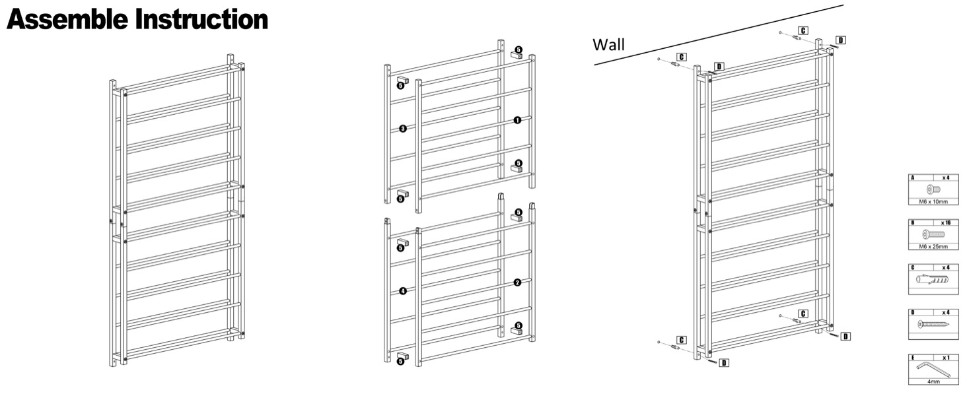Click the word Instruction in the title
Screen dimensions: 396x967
tap(202, 19)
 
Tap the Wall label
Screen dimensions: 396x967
tap(608, 45)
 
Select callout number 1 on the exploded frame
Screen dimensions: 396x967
tap(517, 120)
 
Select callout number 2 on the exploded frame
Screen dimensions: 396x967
tap(517, 282)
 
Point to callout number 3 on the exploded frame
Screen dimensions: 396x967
tap(402, 129)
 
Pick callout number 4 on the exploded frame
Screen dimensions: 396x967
tap(402, 291)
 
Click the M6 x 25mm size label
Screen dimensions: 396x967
tap(933, 246)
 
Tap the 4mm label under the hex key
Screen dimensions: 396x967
tap(933, 381)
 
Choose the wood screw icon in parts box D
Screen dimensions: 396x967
tap(933, 324)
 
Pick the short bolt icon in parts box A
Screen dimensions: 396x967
tap(933, 189)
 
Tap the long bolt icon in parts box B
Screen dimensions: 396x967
tap(933, 234)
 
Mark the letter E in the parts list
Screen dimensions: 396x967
tap(913, 358)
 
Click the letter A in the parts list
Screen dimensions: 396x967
tap(913, 178)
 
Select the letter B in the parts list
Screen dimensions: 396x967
tap(913, 223)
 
